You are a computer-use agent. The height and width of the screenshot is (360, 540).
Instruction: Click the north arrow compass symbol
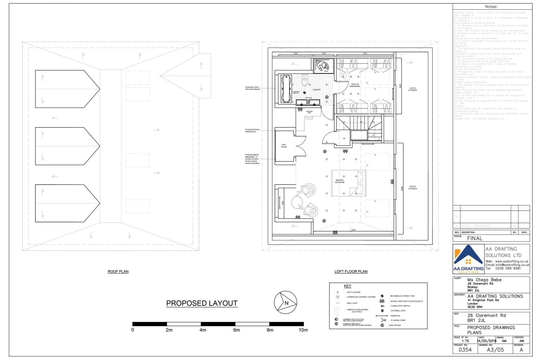click(x=285, y=302)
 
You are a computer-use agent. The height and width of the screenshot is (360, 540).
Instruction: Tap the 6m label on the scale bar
click(x=236, y=330)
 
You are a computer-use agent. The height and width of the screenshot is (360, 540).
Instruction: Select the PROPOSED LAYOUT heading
click(x=201, y=303)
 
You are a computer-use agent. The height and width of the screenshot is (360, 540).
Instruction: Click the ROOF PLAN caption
click(x=118, y=271)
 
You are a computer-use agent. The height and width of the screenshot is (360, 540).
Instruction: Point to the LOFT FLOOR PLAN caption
click(x=351, y=271)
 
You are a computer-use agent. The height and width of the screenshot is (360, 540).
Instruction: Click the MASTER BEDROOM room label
click(x=340, y=181)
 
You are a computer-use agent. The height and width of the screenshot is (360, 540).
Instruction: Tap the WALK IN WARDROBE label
click(x=355, y=85)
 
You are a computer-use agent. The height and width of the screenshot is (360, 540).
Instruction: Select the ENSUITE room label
click(x=317, y=90)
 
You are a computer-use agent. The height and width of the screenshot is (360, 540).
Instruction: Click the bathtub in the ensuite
click(x=286, y=89)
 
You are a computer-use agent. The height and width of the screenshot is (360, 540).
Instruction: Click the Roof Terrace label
click(x=284, y=146)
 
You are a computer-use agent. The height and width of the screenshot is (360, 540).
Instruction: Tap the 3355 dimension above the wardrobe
click(x=365, y=53)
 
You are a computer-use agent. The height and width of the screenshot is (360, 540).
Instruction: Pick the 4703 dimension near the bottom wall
click(x=353, y=230)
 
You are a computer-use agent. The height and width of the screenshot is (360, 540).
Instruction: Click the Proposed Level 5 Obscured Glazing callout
click(x=252, y=88)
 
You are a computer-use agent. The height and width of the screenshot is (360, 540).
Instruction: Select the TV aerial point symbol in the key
click(x=383, y=320)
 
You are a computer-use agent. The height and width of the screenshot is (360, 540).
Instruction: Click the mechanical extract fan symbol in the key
click(x=382, y=296)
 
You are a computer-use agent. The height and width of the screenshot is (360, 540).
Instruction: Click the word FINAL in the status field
click(x=475, y=238)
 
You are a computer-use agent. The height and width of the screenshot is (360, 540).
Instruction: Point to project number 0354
click(x=465, y=350)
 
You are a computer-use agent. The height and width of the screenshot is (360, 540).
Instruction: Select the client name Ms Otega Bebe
click(x=484, y=280)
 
